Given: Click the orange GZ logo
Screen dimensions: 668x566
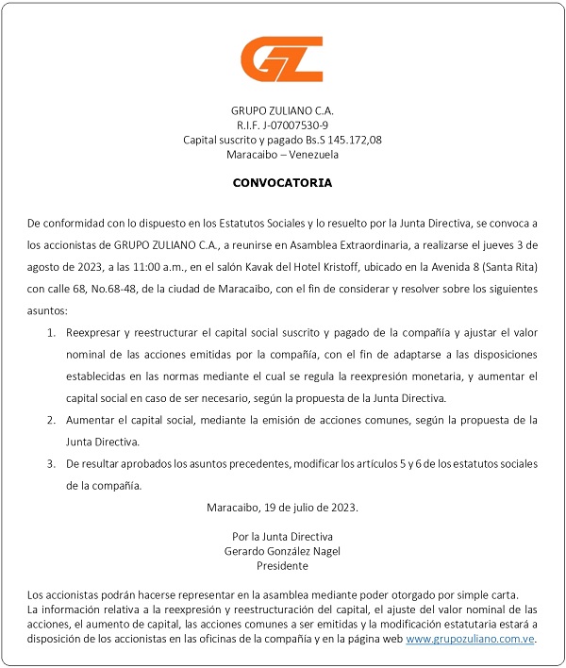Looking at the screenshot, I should (282, 58).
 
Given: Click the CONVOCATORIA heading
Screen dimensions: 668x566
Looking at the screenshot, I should (283, 182).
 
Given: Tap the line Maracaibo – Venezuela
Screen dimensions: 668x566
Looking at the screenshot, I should (282, 155).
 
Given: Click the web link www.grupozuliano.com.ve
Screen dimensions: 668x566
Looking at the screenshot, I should (471, 639).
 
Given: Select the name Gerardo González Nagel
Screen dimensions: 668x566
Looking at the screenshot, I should (282, 551).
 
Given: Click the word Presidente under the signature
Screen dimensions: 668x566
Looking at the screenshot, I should (282, 566).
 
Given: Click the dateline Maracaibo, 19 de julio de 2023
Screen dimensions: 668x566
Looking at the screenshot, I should (282, 508).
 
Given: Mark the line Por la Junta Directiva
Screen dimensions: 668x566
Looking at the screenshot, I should (282, 536).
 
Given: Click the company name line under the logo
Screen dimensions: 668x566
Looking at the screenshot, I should (282, 109).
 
